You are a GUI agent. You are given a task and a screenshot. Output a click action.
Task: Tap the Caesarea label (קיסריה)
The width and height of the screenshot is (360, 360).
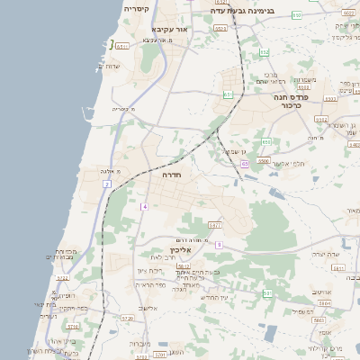pos(136,8)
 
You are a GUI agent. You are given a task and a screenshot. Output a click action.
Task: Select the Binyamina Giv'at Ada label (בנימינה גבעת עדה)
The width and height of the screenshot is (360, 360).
pos(242,10)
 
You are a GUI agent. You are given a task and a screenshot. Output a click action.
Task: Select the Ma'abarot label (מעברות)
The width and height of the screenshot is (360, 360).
pos(139,343)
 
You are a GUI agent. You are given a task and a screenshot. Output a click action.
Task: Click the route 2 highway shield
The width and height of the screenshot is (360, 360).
pos(106,184)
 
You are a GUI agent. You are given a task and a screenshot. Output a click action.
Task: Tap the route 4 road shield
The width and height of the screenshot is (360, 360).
pos(143,207)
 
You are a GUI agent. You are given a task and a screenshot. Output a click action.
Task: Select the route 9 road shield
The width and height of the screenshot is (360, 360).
pos(219,244)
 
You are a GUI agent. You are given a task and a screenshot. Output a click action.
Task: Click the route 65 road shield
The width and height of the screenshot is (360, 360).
pos(245,165)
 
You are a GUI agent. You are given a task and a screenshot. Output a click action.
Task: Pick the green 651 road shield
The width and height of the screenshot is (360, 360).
pos(229,94)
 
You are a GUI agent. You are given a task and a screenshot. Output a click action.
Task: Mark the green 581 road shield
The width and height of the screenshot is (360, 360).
pos(267,293)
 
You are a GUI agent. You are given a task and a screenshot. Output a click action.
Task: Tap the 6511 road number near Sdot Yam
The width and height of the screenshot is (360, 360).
pos(122,45)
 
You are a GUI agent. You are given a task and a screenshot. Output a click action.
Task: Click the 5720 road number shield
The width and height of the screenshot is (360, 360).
pos(127,318)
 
